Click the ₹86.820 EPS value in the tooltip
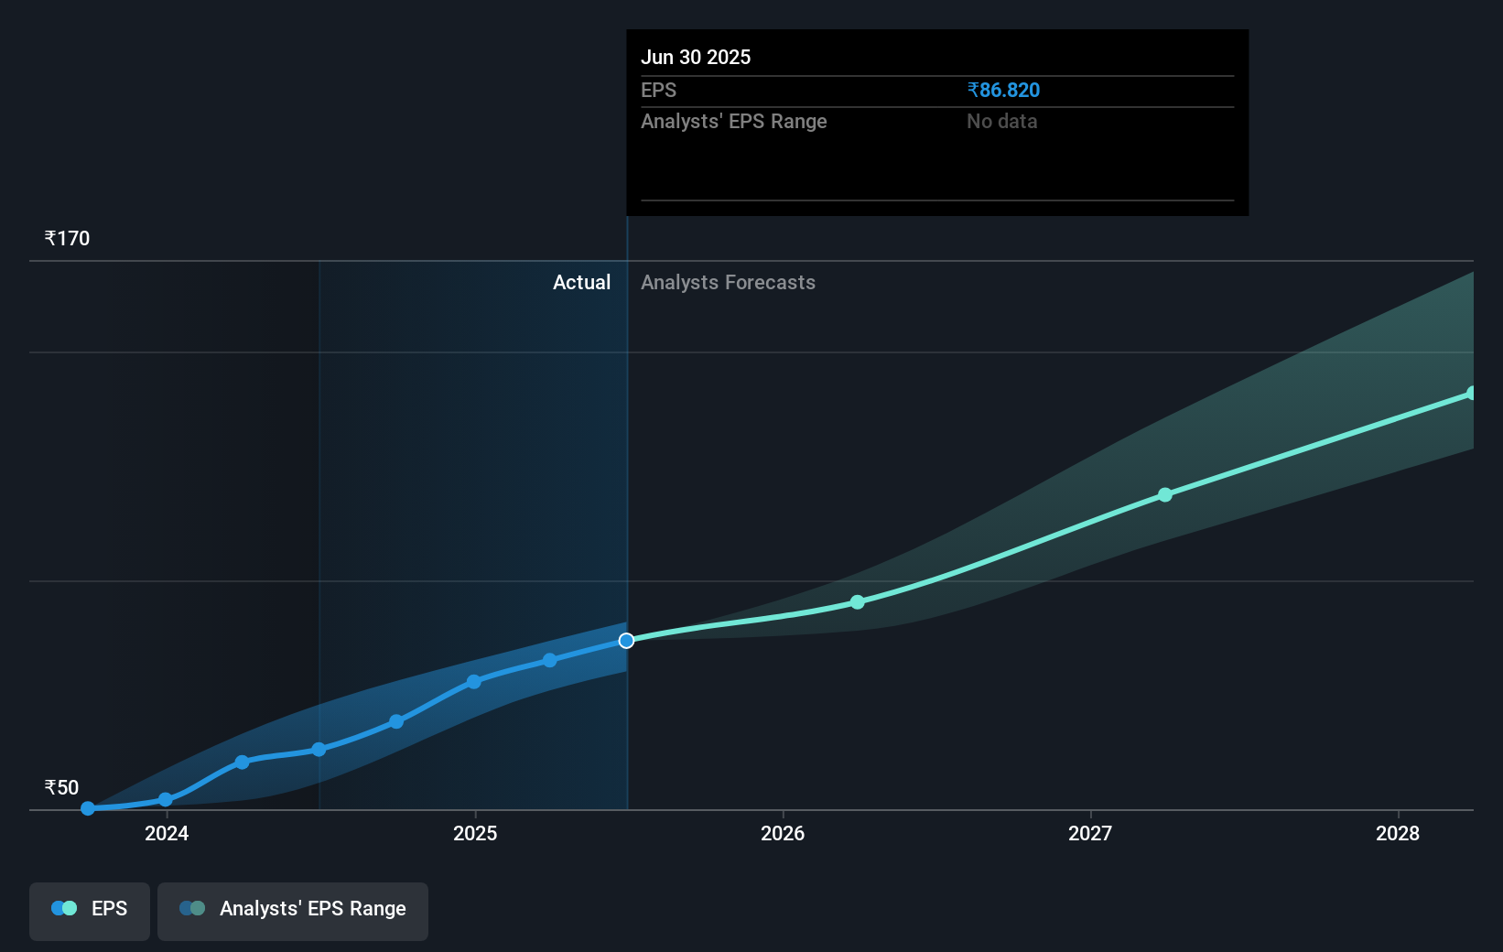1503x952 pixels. click(1003, 90)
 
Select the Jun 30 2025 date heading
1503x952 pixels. click(696, 57)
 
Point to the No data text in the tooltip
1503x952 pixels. click(1001, 121)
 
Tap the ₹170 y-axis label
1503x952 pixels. click(67, 238)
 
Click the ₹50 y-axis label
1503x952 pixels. click(61, 787)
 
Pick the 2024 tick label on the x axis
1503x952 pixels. click(167, 833)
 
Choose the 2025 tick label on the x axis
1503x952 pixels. click(475, 833)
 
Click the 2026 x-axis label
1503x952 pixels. click(783, 833)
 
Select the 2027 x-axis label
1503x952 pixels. click(1090, 833)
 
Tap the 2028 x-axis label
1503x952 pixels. click(1398, 833)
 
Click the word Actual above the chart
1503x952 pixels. click(581, 282)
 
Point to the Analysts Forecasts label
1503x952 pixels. click(728, 282)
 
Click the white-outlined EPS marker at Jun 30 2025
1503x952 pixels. click(626, 641)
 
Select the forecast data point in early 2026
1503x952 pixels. click(858, 602)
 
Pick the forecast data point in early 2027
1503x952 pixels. click(1165, 495)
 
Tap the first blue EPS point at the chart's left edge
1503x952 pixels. click(88, 808)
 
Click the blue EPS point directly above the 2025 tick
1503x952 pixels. click(474, 682)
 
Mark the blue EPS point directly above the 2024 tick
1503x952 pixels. click(166, 800)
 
